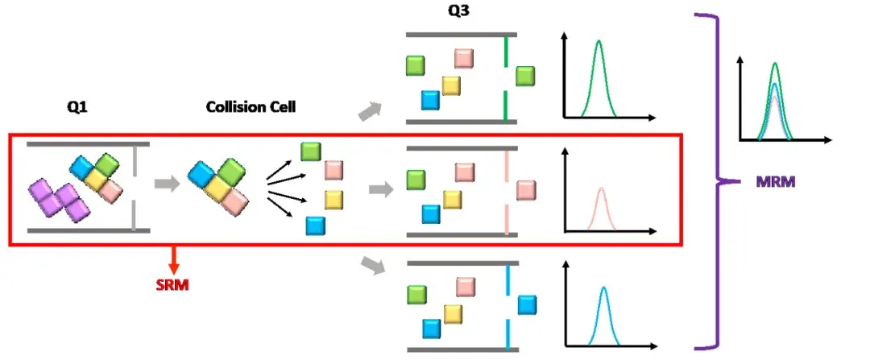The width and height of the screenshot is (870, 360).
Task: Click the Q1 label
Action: [77, 108]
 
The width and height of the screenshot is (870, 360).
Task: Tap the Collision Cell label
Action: [251, 107]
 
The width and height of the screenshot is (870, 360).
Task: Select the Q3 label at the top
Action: [459, 10]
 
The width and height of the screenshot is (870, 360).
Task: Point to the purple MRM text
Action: [776, 181]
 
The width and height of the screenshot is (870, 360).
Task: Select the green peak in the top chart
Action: [598, 78]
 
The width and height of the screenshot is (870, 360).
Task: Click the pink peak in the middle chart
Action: [601, 209]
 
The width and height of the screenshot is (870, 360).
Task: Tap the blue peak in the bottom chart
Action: [603, 316]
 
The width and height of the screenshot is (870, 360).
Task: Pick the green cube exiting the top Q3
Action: [525, 76]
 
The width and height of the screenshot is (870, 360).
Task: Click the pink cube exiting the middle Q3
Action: [526, 190]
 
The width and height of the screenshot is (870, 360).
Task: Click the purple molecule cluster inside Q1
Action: [60, 200]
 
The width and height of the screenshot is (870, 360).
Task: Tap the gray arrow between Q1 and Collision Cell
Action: [167, 184]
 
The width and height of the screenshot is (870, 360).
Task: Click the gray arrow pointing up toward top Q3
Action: [371, 111]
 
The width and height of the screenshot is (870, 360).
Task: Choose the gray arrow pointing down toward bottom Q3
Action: [372, 266]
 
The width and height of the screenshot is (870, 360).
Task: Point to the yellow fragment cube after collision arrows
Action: [333, 200]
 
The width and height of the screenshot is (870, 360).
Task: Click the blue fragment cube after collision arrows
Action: [315, 226]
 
